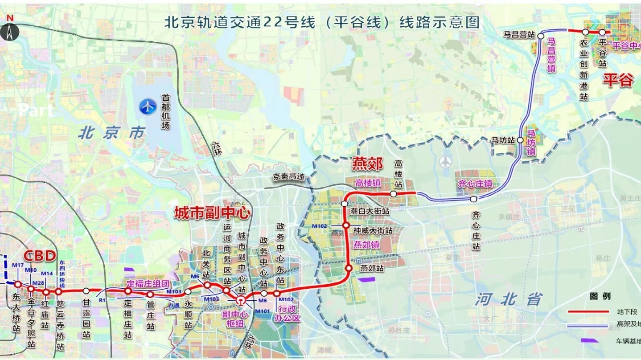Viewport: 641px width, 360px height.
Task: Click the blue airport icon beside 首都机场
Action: (x=148, y=106)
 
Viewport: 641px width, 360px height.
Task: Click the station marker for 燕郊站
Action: (x=349, y=268)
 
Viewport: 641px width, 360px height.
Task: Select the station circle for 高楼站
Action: (x=394, y=194)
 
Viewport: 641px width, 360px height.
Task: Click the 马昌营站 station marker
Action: (x=541, y=35)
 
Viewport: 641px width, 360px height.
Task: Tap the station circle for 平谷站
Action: (x=602, y=32)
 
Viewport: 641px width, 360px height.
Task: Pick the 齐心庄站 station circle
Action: (x=473, y=199)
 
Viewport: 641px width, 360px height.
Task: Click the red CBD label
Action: (x=39, y=256)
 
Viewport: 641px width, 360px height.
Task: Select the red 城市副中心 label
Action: (x=212, y=213)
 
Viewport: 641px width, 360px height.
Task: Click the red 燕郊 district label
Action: (x=367, y=164)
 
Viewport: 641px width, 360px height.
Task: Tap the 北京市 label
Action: (x=112, y=133)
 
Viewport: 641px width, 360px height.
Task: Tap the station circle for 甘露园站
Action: (x=86, y=291)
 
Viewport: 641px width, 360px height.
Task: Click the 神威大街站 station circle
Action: (x=345, y=225)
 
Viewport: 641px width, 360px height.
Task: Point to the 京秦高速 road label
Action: (x=289, y=177)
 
